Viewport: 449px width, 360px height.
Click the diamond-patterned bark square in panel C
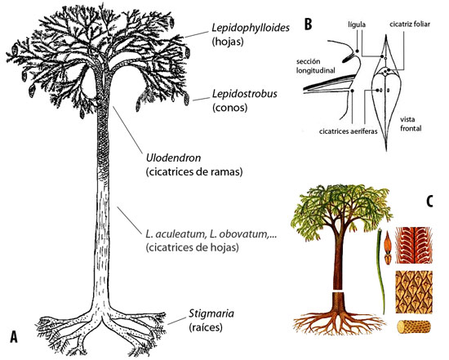point(411,289)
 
